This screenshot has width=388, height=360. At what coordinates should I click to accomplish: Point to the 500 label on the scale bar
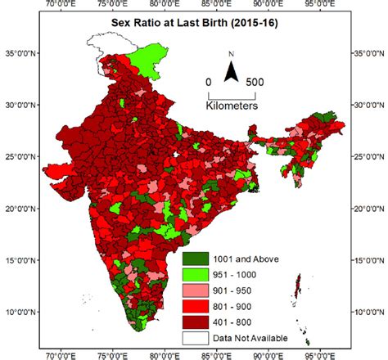coord(255,83)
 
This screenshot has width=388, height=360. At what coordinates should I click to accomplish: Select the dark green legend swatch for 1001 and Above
coord(196,259)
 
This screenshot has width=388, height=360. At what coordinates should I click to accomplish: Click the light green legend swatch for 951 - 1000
coord(196,272)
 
